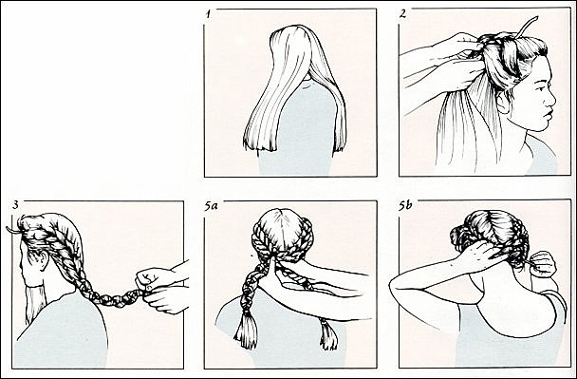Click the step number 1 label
[x=208, y=14]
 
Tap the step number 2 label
[x=403, y=14]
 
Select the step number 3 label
[x=15, y=205]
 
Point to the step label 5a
[x=211, y=206]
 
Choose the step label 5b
[x=405, y=206]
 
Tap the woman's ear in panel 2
[x=502, y=102]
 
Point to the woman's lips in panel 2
[x=548, y=113]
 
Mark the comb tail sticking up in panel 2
[x=527, y=27]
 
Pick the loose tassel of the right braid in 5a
[x=328, y=334]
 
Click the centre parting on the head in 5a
[x=283, y=228]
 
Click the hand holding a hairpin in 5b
[x=543, y=264]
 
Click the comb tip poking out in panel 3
[x=11, y=230]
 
